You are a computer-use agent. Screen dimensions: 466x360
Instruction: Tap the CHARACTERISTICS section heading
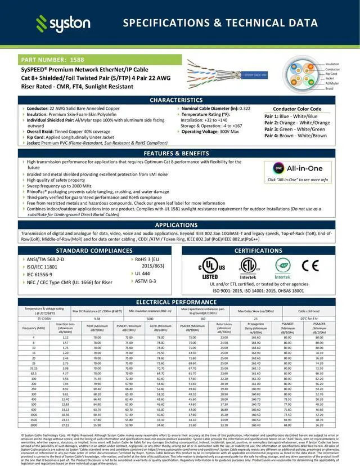pos(180,100)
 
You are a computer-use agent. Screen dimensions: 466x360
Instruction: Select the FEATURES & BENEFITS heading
pos(180,153)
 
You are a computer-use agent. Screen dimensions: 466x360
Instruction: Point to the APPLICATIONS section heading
pos(180,225)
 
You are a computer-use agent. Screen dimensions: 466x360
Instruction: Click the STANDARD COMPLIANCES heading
pos(94,250)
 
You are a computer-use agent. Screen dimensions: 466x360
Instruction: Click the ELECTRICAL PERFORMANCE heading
pos(180,302)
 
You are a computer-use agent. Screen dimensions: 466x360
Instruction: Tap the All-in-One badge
pos(298,168)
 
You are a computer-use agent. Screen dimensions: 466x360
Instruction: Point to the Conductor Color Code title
pos(297,109)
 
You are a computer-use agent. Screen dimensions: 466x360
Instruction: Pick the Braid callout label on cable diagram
pos(331,89)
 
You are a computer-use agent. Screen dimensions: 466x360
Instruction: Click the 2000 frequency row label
pos(34,425)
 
